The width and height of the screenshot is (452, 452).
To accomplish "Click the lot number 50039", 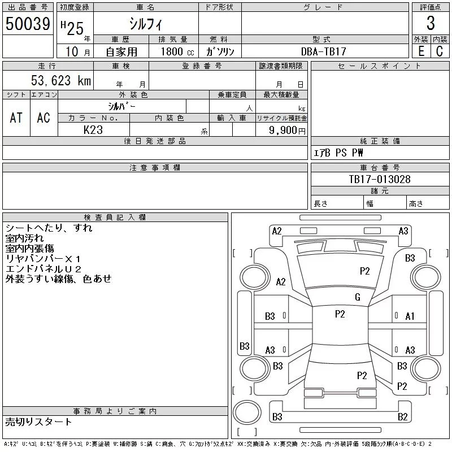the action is coord(28,24).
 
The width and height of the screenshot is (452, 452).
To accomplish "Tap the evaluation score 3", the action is coord(431,23).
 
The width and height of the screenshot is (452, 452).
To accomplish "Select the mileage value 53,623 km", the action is coord(61,80).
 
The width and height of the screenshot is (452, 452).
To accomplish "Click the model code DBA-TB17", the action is coord(323,51).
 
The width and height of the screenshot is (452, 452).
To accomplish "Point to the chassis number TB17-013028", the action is coord(380,179).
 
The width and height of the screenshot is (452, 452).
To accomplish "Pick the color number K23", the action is coord(93,130).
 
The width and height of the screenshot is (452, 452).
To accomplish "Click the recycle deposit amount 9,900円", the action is coord(287,131).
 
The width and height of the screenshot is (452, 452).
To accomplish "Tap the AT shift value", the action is coord(16,118).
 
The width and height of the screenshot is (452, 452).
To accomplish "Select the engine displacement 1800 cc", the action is coord(177,52).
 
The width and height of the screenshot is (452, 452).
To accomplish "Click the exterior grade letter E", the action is coord(421,51).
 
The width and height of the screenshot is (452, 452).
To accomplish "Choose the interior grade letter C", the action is coord(440,51).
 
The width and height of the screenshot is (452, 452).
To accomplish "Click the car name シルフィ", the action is coord(146,24).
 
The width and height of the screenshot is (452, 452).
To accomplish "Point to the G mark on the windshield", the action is coord(358,297).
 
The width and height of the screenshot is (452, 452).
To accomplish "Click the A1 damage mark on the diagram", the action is coord(410,316).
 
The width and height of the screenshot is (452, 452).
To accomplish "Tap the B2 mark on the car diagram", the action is coord(402,416).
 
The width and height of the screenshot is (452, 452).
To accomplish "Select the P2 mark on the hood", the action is coord(364,271).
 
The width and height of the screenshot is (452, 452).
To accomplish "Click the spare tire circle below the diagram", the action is coord(247,412).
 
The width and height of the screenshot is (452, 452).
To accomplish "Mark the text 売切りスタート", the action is coord(38,422).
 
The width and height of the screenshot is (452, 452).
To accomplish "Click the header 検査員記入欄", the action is coord(115,218).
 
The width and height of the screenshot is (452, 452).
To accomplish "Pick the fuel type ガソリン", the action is coord(220,51).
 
